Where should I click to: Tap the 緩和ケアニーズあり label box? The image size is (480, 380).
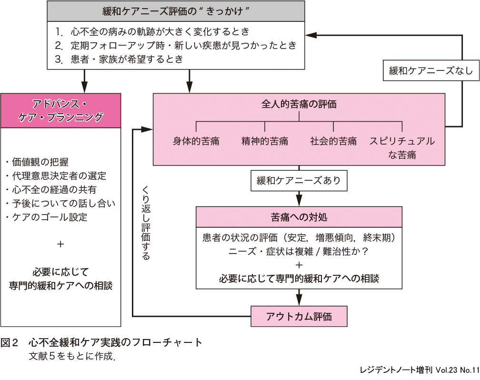coord(299,181)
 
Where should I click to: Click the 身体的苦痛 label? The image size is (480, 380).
coord(196,141)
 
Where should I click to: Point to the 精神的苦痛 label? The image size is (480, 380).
coord(265,141)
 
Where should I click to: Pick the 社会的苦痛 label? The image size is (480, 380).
coord(333,141)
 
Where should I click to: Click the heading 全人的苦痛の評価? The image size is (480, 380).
coord(299,104)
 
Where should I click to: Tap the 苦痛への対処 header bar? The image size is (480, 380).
coord(299,217)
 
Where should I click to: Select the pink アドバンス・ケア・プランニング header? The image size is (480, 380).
coord(60,110)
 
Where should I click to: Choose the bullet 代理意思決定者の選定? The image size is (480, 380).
coord(56,176)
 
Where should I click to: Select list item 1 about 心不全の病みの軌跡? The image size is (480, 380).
coord(152,32)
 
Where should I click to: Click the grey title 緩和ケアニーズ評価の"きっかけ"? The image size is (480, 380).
coord(177,10)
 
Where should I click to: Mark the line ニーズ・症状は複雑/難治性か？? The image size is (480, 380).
coord(299,252)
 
